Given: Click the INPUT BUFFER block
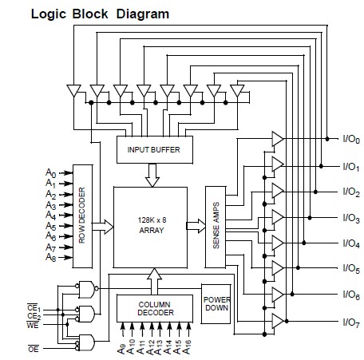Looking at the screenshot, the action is [x=155, y=149].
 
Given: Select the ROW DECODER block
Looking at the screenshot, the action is [x=82, y=216].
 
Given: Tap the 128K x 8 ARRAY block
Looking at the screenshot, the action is [x=150, y=227].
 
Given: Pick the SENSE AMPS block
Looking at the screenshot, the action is [x=216, y=227].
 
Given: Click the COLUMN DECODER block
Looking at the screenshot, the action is [x=155, y=308].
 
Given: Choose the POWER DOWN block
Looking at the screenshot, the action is [x=216, y=304].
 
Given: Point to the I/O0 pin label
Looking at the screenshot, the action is [x=351, y=139].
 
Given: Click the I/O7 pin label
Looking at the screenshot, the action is [x=351, y=322].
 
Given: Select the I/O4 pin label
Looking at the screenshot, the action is [x=351, y=243].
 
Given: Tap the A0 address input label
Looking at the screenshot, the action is [x=51, y=173].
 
